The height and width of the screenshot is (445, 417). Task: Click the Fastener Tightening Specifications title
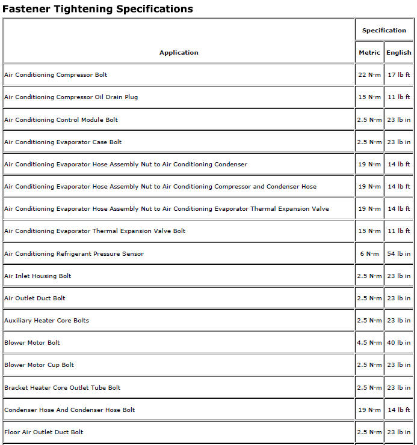[x=98, y=9]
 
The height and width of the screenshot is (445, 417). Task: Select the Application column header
[x=179, y=53]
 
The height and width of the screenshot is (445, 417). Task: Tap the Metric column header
[x=369, y=53]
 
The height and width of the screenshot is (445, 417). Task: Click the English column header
[x=399, y=53]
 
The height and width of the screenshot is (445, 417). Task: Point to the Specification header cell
[x=384, y=31]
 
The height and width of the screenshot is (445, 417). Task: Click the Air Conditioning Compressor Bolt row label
[x=56, y=75]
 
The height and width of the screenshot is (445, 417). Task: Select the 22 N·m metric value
[x=369, y=75]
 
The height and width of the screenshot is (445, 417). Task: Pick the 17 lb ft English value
[x=399, y=75]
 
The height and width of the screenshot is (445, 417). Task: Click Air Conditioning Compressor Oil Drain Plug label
[x=71, y=97]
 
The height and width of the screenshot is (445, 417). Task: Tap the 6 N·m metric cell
[x=369, y=254]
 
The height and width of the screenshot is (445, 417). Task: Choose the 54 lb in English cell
[x=399, y=254]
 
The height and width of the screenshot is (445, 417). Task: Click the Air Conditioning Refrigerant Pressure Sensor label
[x=74, y=254]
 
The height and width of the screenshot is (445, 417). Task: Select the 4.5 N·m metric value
[x=369, y=343]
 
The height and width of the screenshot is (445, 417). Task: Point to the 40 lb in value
[x=399, y=343]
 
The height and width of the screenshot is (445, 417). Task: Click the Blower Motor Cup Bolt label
[x=39, y=365]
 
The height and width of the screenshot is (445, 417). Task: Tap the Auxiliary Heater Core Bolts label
[x=46, y=321]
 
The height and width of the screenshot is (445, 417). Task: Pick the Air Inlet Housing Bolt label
[x=38, y=276]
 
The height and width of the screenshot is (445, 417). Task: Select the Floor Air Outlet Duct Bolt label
[x=44, y=432]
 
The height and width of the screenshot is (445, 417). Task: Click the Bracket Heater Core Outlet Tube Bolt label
[x=63, y=388]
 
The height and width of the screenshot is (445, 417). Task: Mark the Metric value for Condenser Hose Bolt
[x=369, y=410]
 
